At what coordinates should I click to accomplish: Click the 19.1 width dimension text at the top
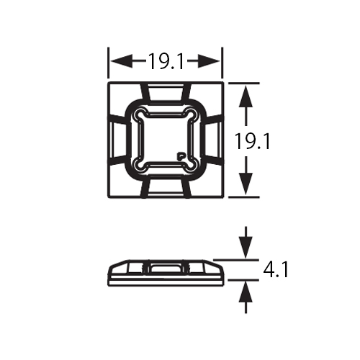(x=166, y=61)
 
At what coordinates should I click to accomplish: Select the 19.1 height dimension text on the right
(x=252, y=142)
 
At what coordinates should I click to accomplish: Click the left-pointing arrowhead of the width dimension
(x=115, y=61)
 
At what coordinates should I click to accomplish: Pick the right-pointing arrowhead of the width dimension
(x=215, y=61)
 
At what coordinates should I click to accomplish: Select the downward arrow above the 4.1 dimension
(x=246, y=248)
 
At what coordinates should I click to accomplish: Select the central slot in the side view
(x=166, y=269)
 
